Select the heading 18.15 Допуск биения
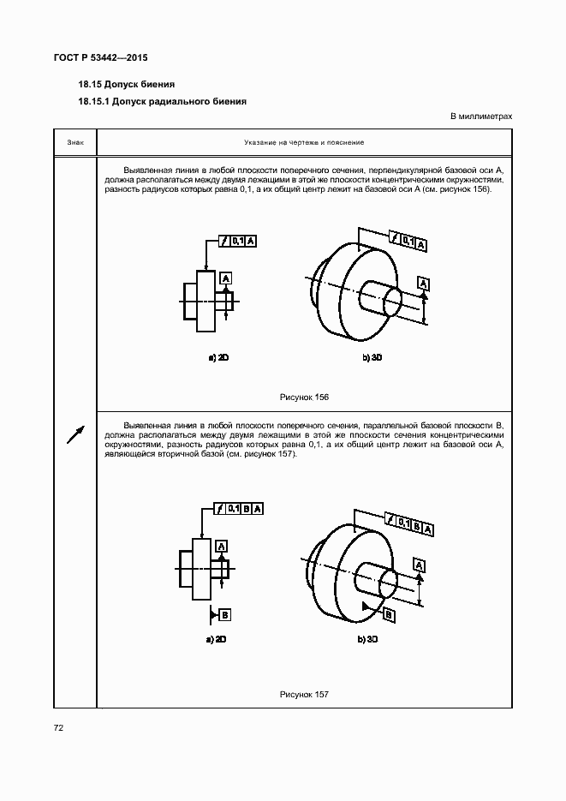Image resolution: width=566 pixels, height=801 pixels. [126, 85]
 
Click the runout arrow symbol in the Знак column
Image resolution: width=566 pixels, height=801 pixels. [75, 434]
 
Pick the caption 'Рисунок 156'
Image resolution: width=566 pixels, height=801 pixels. [304, 398]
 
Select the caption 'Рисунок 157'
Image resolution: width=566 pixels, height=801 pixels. [304, 695]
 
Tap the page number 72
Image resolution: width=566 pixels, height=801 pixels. [59, 727]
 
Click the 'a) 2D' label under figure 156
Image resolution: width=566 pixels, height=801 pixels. [218, 358]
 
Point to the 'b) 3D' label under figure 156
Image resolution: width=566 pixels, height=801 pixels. [371, 358]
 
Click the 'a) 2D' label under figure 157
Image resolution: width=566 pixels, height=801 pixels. [215, 639]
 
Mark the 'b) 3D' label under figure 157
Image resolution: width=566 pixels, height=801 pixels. [369, 639]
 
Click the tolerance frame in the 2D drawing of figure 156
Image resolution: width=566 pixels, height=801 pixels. [237, 242]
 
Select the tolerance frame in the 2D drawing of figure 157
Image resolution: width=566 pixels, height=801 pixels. [240, 509]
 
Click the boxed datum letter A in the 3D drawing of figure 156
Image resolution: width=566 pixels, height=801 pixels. [424, 284]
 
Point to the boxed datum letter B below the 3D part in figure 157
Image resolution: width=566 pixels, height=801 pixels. [389, 615]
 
